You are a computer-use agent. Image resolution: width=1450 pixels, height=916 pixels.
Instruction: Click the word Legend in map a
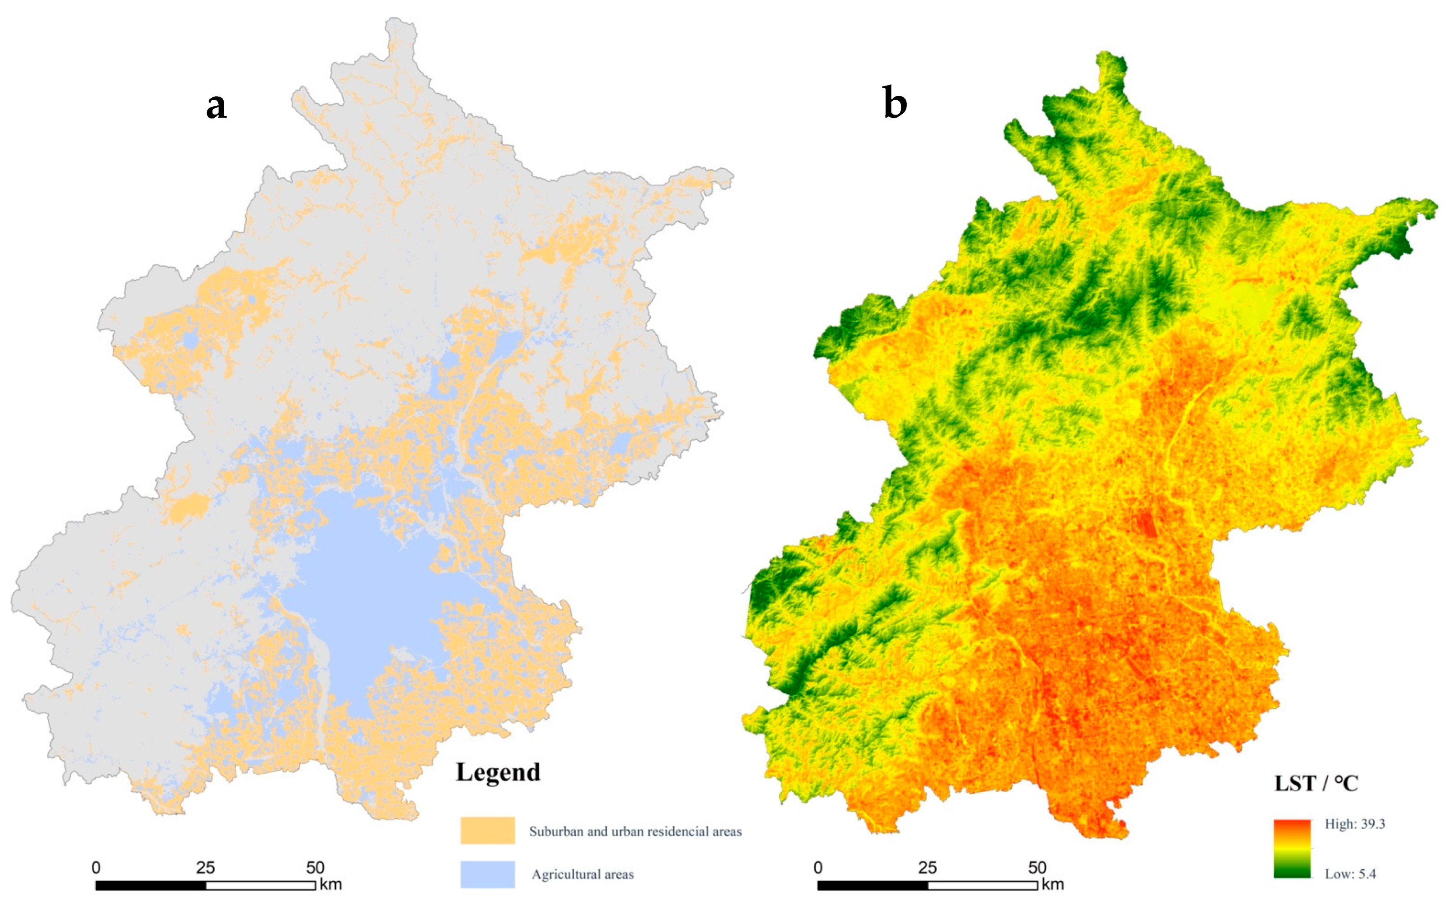pos(498,772)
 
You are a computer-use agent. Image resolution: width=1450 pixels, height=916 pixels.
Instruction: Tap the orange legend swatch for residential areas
pos(488,830)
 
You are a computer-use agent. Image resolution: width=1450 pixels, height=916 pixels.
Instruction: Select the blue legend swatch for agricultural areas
pos(488,874)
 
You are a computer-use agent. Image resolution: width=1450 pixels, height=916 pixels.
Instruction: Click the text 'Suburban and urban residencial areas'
pos(635,832)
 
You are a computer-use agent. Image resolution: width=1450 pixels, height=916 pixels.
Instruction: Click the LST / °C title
pos(1316,783)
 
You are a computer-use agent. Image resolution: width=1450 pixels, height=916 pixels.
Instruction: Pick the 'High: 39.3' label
pos(1355,824)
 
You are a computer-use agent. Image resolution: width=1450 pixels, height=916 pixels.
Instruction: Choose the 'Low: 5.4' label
pos(1350,874)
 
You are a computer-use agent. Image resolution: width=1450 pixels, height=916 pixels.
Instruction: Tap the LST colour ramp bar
pos(1292,848)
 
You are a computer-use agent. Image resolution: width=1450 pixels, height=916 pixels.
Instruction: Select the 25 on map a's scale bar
pos(205,868)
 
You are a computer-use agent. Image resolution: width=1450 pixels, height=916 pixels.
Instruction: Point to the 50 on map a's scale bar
pos(315,868)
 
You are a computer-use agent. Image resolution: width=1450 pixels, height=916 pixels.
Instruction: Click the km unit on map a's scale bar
pos(331,884)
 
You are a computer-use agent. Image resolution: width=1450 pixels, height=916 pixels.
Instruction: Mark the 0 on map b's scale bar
pos(818,868)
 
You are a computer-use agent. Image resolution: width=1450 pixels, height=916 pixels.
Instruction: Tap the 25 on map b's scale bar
pos(927,868)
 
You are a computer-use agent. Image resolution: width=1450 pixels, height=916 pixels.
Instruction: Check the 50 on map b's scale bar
pos(1037,868)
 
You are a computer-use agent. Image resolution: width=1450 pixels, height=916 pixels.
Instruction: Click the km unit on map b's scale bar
pos(1053,884)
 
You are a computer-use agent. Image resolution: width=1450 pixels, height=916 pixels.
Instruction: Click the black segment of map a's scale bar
pos(151,885)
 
